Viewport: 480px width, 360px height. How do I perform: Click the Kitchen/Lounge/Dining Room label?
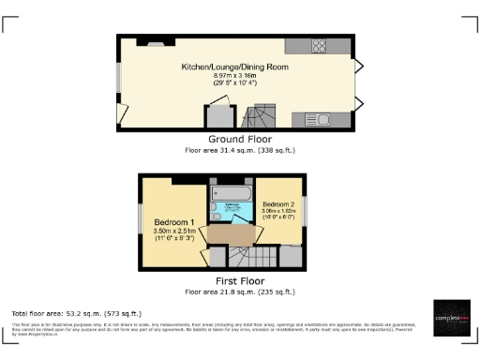click(234, 67)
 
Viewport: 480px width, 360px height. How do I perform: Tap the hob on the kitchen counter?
click(319, 49)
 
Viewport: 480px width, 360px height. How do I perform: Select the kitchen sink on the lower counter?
click(320, 119)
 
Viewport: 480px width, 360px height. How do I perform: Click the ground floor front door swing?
click(123, 113)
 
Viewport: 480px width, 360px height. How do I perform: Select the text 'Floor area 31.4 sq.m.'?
click(217, 150)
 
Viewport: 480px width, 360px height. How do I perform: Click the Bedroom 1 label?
click(174, 221)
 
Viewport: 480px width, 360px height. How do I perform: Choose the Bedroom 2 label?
click(278, 204)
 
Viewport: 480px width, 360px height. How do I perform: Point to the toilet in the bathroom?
click(216, 207)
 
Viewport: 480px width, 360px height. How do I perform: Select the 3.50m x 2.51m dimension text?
click(174, 231)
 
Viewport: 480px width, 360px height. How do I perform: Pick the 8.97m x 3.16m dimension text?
click(234, 77)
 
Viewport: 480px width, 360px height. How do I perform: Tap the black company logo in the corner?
click(451, 319)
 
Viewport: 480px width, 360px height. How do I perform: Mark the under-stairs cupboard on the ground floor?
click(220, 118)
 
